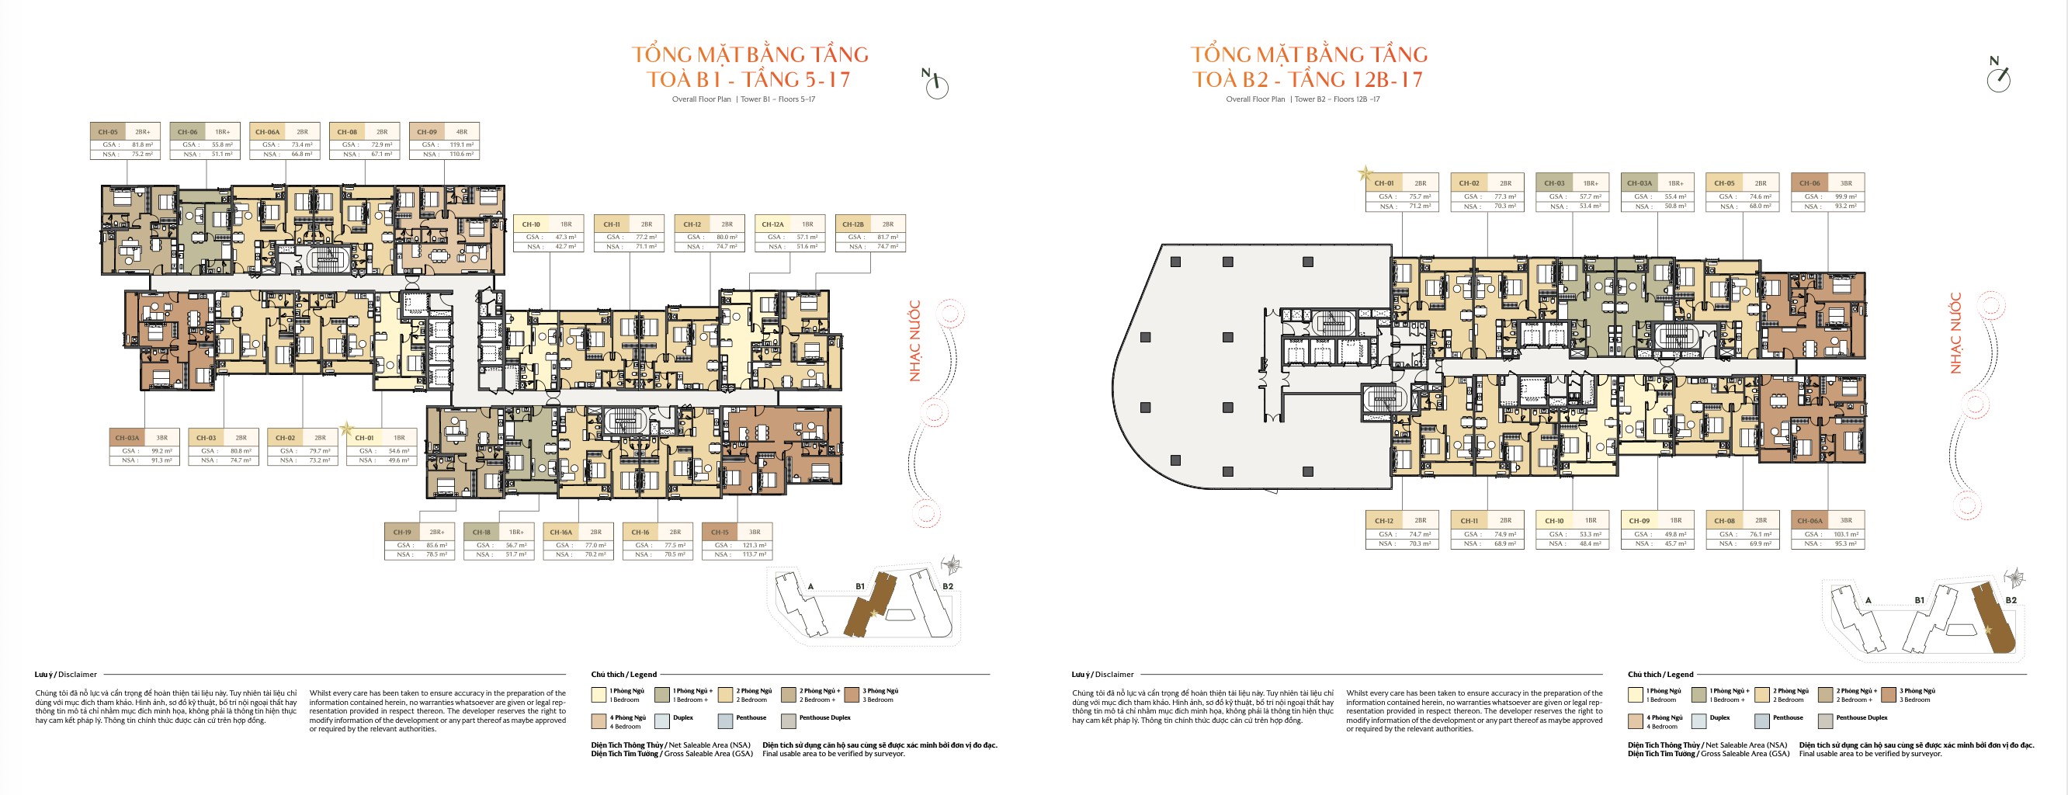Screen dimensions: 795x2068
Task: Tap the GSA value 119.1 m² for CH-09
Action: click(461, 144)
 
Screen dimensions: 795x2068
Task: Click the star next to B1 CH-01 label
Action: click(346, 429)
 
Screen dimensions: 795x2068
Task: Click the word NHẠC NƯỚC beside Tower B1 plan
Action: click(914, 341)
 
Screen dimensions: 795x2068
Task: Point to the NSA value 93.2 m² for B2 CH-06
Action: click(1845, 207)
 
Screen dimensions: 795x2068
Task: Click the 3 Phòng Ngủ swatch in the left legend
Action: click(852, 695)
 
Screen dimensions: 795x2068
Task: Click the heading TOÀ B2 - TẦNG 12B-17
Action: click(1308, 79)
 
